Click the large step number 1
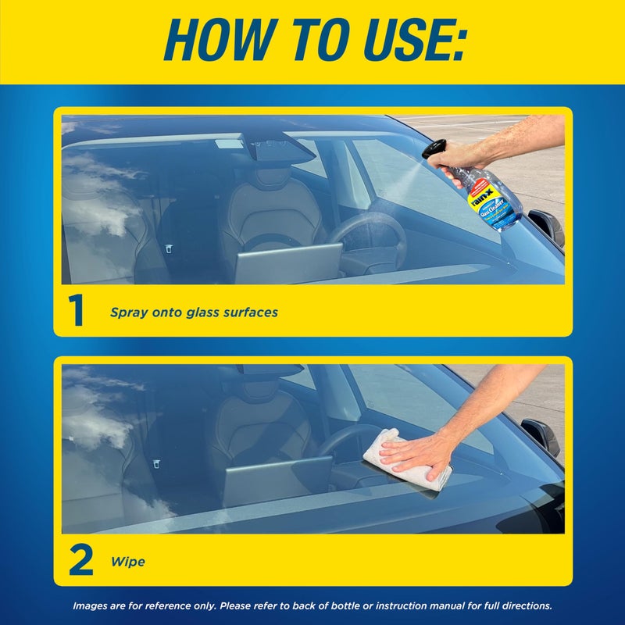(76, 310)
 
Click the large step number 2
(80, 560)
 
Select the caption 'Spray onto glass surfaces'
(194, 312)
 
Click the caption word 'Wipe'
(128, 561)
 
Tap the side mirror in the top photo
(547, 223)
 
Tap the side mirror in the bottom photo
(541, 434)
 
